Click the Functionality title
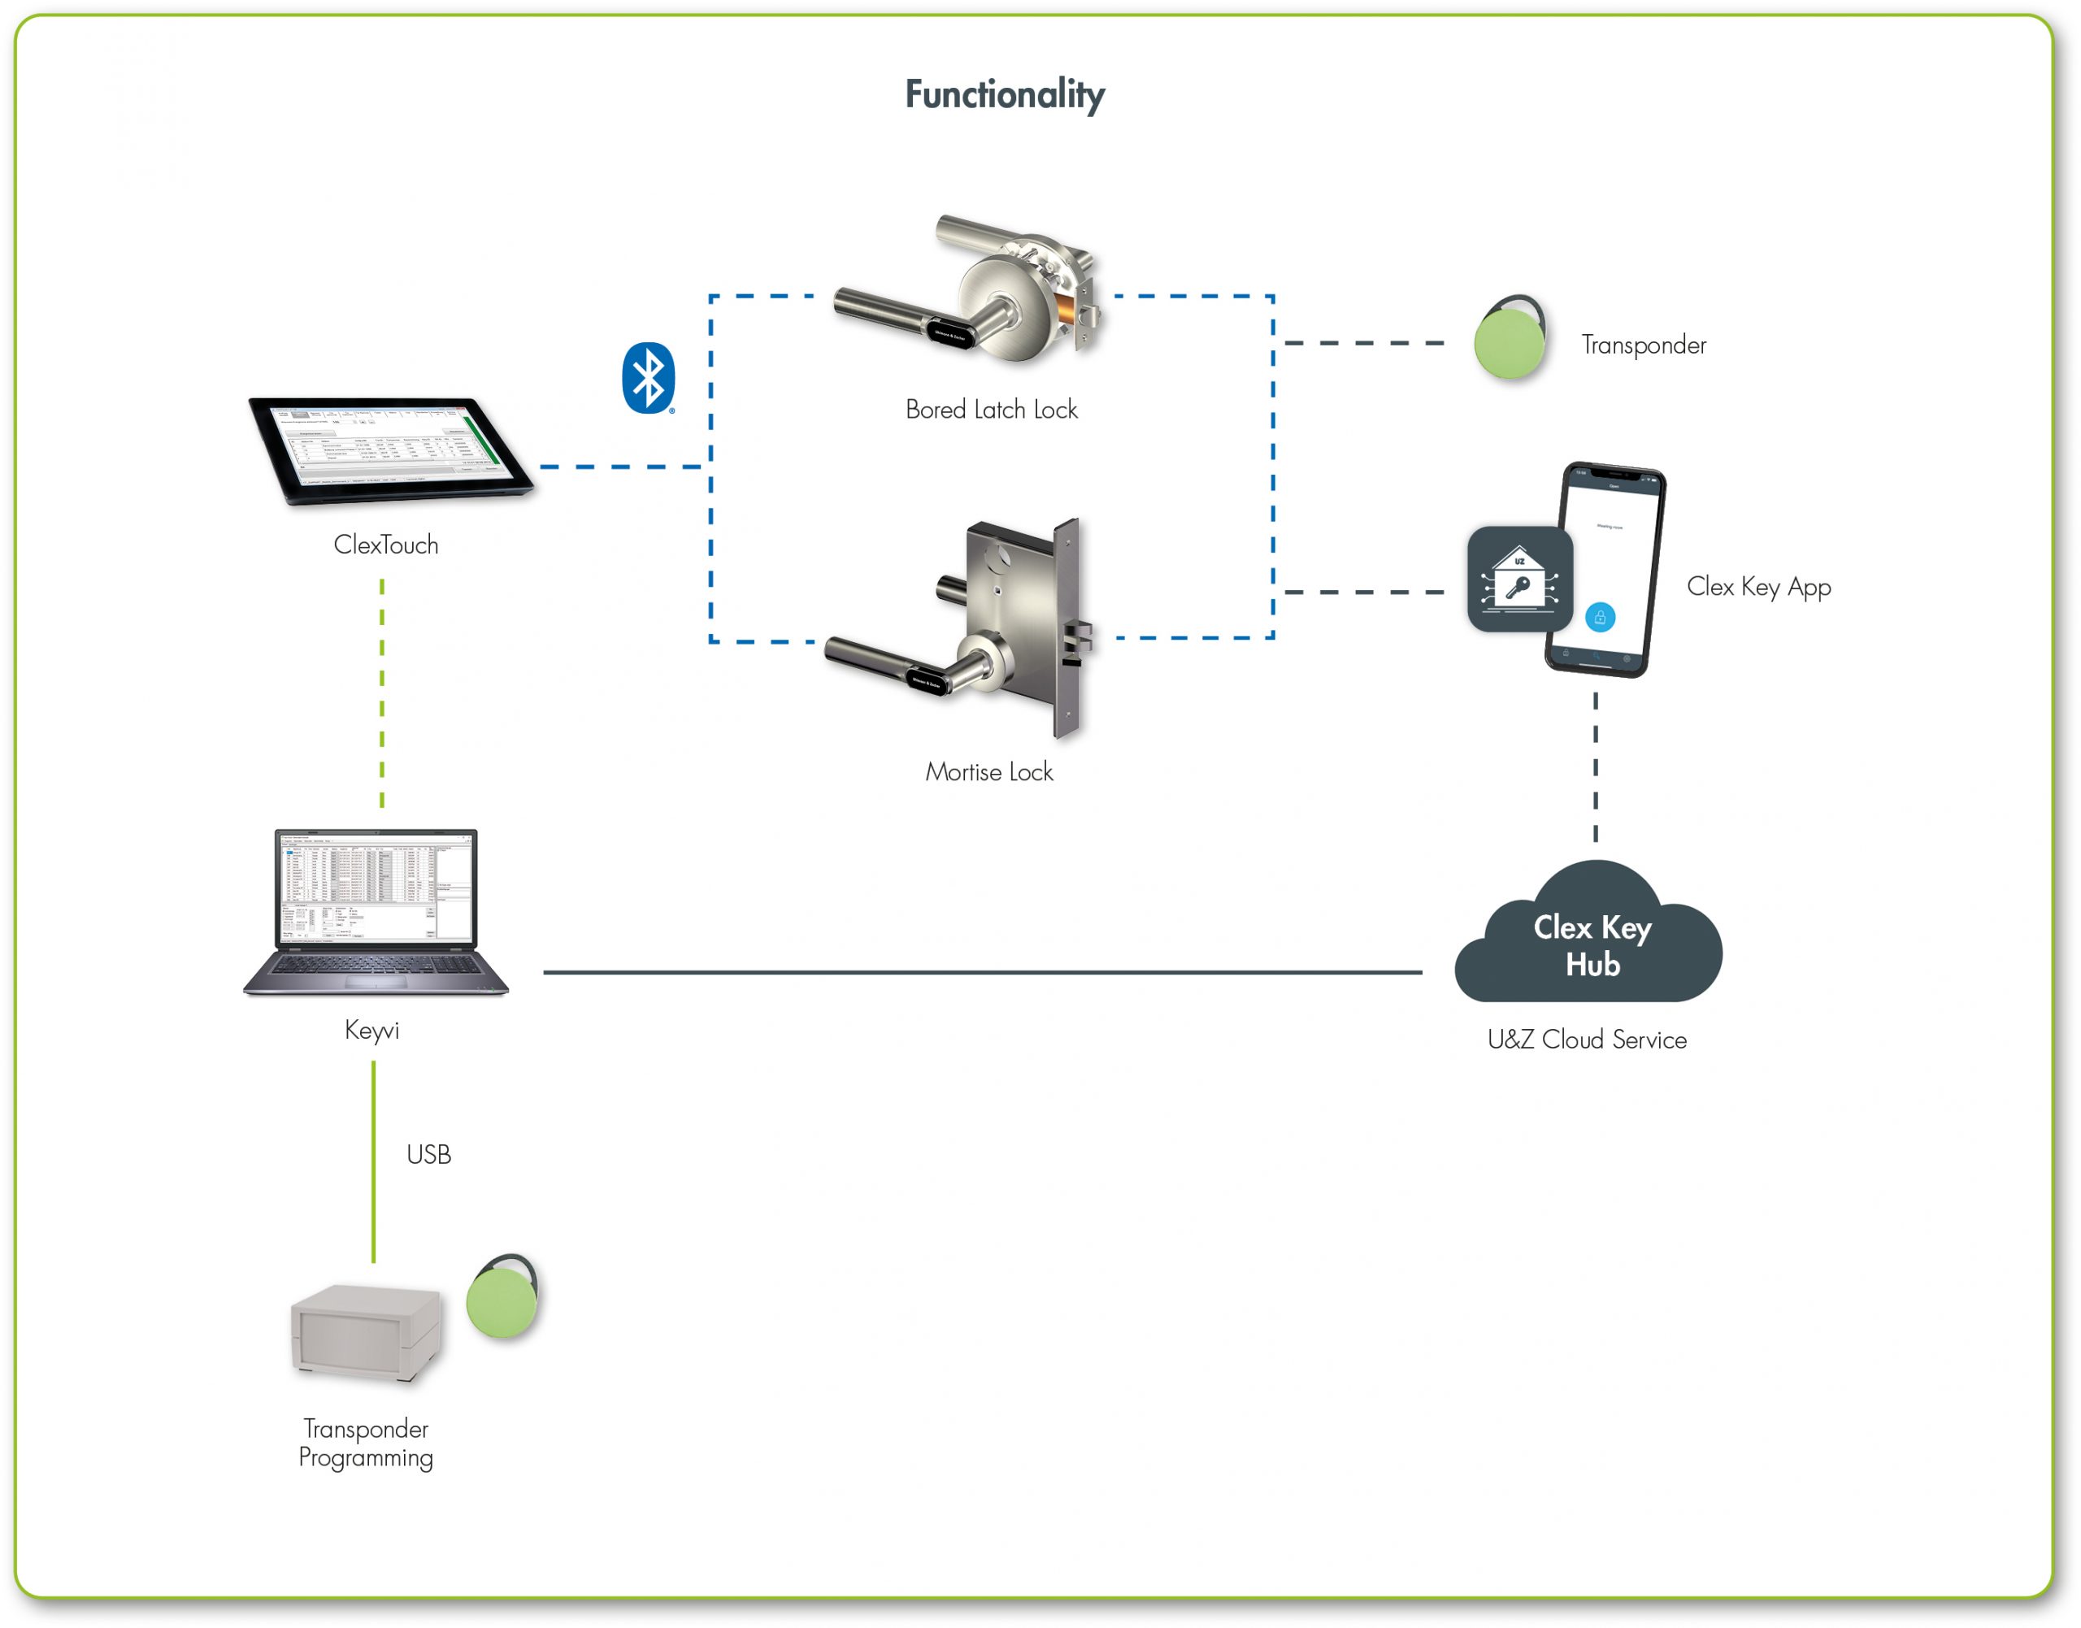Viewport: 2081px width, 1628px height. coord(1004,94)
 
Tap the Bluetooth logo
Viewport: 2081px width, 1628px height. coord(648,379)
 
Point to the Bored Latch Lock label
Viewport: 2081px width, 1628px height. coord(992,410)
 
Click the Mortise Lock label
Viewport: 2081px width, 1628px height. coord(988,772)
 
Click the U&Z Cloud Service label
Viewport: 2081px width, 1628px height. coord(1586,1040)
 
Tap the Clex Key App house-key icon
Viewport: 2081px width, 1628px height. coord(1519,580)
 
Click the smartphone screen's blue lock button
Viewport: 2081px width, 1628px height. coord(1600,618)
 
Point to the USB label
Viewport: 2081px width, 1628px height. coord(428,1155)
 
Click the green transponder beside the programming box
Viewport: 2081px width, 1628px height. coord(502,1298)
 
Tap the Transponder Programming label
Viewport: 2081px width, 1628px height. coord(365,1443)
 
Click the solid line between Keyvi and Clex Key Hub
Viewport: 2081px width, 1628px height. coord(982,972)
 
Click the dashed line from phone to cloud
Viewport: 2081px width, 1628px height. coord(1596,767)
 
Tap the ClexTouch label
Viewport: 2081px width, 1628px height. coord(386,545)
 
